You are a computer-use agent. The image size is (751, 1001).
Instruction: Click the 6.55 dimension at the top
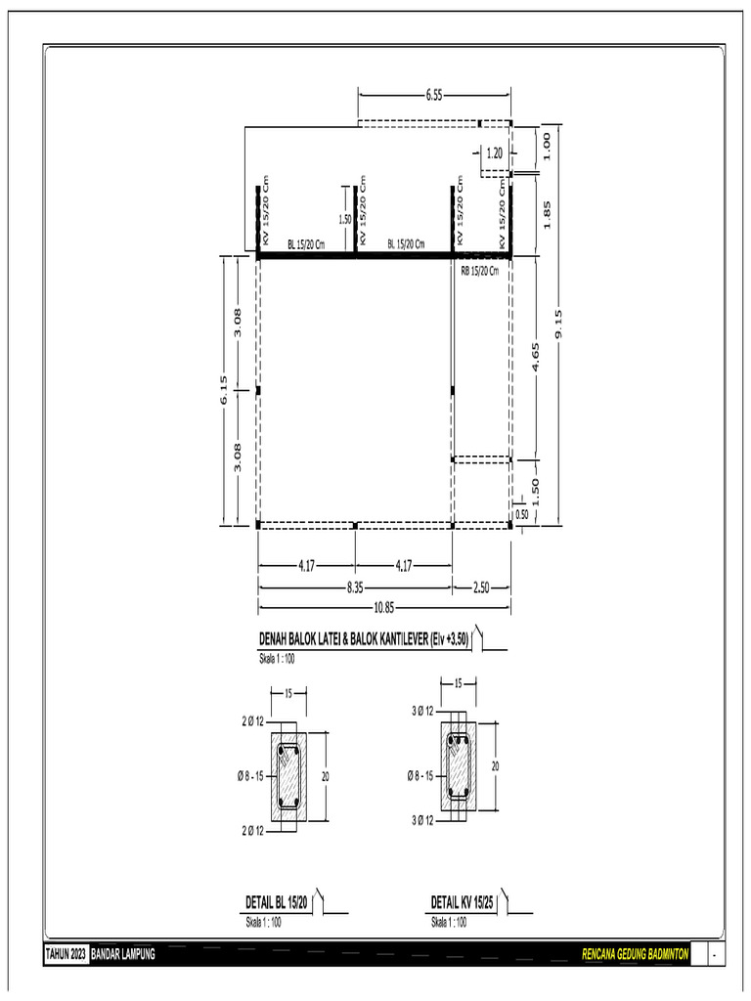tap(434, 95)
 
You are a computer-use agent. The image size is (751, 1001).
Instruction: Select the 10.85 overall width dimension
tap(383, 606)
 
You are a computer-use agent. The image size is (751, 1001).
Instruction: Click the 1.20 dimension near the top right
tap(494, 152)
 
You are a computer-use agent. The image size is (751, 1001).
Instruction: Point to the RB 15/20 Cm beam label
tap(479, 272)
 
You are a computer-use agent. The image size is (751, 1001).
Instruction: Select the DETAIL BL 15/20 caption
tap(277, 903)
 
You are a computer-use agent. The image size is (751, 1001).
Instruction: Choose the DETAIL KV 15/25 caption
tap(462, 903)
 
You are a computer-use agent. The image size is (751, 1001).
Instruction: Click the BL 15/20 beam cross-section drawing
tap(289, 777)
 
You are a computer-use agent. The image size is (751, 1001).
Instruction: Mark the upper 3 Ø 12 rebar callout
tap(423, 712)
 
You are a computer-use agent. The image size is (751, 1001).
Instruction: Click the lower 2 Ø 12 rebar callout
tap(252, 831)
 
